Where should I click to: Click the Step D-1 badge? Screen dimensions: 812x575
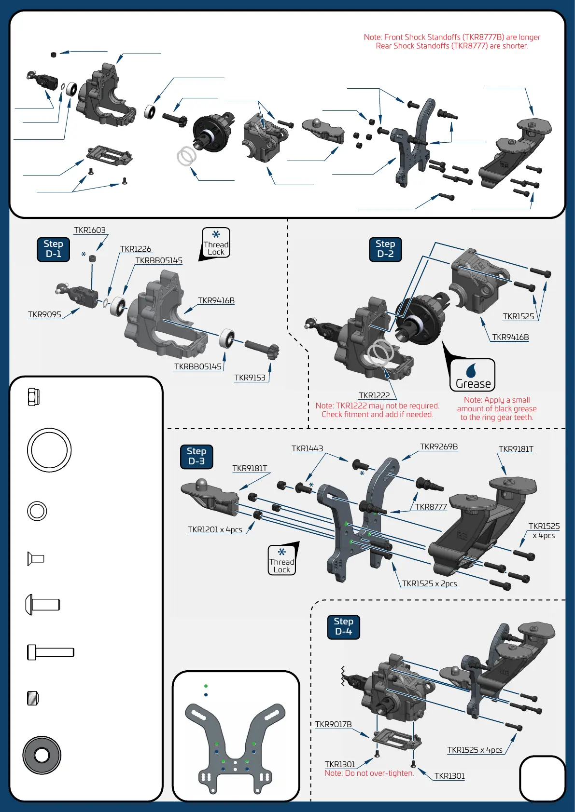point(54,249)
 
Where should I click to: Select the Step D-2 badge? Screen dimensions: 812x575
point(385,249)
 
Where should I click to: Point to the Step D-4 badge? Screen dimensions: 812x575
point(343,627)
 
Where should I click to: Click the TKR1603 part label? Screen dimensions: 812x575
point(90,230)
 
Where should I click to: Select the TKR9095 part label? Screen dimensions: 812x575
point(44,315)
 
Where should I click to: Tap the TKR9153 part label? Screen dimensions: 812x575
point(250,378)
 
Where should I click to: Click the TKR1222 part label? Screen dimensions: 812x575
point(374,395)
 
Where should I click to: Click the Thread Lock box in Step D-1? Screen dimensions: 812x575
point(216,243)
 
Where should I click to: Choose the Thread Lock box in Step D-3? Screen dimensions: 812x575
point(282,560)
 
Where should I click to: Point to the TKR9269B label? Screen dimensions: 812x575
point(439,447)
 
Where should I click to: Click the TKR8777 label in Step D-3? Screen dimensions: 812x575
point(431,507)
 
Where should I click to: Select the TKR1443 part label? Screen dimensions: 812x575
point(307,449)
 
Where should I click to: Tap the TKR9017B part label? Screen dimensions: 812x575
point(333,725)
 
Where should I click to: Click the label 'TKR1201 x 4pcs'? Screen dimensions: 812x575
point(215,530)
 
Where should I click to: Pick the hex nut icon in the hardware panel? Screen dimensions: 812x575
point(33,397)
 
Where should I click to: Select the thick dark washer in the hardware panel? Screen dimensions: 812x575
point(42,755)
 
